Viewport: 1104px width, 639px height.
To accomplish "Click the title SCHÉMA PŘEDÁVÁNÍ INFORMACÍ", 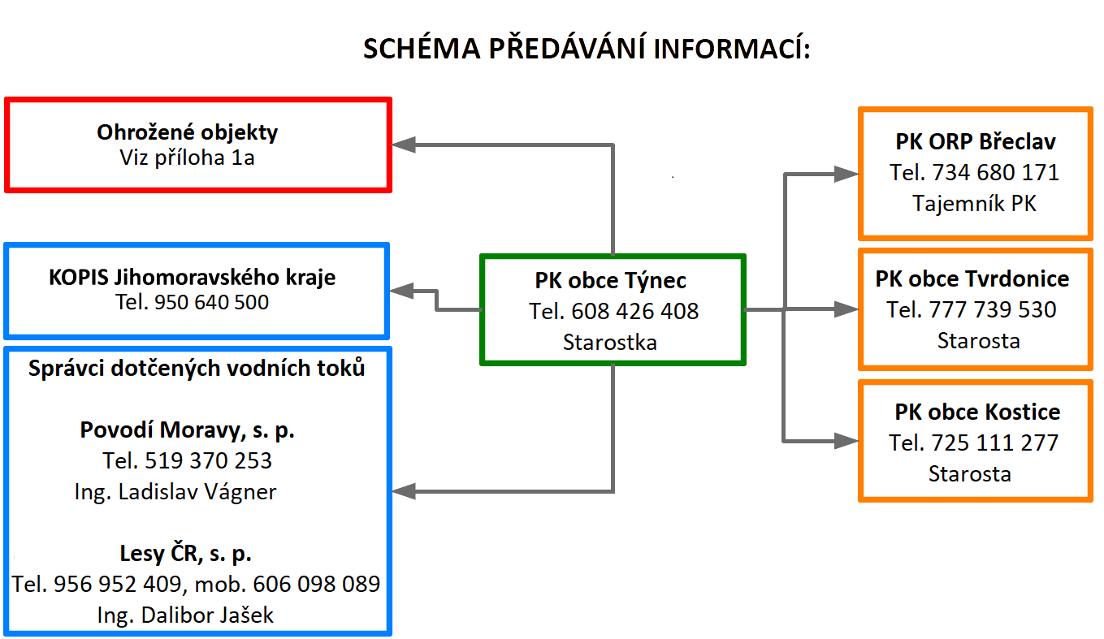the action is click(x=587, y=48).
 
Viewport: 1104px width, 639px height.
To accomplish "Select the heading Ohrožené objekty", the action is click(x=188, y=132).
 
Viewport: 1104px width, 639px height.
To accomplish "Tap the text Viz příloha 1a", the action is click(x=188, y=158).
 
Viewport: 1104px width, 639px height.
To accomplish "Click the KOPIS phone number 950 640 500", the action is click(x=211, y=302).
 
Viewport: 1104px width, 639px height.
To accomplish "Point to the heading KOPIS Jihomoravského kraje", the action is click(x=193, y=278).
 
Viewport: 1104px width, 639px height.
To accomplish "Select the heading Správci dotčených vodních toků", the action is click(x=197, y=369).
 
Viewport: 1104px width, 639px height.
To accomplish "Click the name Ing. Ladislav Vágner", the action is click(x=175, y=492).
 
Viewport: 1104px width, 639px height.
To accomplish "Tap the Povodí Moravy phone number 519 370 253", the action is click(x=208, y=460).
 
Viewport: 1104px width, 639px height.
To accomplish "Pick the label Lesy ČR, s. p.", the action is click(x=185, y=553).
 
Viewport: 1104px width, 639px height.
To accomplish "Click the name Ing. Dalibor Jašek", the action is click(x=185, y=615).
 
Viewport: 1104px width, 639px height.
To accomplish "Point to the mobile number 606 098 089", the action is click(x=316, y=585).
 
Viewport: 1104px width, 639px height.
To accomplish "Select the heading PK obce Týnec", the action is click(x=611, y=281).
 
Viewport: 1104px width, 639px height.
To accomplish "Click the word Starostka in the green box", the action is click(x=610, y=343).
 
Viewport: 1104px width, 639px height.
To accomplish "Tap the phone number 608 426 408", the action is click(x=634, y=311).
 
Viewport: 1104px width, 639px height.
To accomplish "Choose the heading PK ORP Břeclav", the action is click(x=976, y=142).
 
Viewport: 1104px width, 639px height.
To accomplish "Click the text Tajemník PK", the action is click(x=974, y=204).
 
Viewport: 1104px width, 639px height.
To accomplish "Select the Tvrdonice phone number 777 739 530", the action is click(x=993, y=310).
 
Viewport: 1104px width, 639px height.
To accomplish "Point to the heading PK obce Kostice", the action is click(x=977, y=412).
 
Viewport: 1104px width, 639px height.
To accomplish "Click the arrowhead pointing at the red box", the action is click(x=404, y=145).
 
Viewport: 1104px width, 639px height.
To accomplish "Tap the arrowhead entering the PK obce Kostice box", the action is click(x=846, y=441).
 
